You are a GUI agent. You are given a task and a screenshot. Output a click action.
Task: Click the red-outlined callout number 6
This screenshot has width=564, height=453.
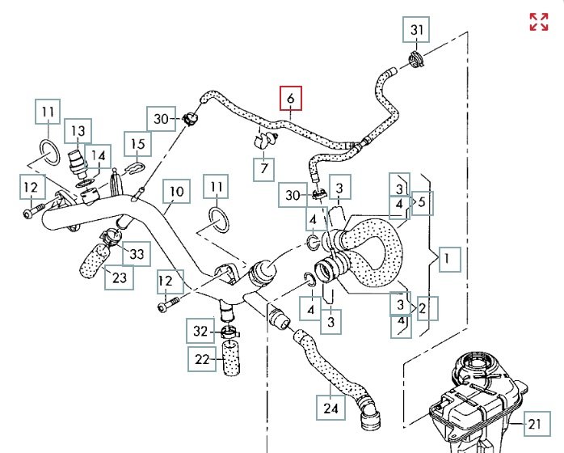click(291, 98)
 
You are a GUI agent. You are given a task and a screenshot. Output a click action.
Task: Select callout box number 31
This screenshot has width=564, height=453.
click(416, 29)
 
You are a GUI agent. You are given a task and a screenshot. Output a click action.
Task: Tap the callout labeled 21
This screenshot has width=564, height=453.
click(537, 424)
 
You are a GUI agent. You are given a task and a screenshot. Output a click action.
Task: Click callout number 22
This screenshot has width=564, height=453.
click(202, 359)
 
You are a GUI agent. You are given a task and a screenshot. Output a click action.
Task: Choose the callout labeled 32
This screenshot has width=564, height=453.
click(200, 331)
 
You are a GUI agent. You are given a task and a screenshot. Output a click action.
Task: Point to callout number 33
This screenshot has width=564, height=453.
click(137, 254)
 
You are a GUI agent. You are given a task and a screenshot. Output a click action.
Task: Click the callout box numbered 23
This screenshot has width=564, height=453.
click(119, 277)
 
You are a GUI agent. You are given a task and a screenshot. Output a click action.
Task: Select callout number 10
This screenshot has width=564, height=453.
click(177, 191)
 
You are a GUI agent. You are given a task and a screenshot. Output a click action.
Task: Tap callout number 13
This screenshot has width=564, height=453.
click(78, 131)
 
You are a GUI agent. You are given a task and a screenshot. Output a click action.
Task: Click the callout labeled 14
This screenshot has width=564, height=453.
click(98, 156)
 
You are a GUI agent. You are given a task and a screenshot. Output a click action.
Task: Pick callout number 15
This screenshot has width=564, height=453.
click(137, 144)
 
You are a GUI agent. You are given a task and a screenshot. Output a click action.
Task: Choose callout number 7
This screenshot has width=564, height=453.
click(264, 169)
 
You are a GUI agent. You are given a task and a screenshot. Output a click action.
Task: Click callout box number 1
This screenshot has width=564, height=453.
click(449, 260)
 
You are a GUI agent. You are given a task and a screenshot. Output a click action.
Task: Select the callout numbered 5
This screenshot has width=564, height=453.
click(423, 203)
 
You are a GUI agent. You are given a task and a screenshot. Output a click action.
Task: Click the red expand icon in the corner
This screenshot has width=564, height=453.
click(539, 22)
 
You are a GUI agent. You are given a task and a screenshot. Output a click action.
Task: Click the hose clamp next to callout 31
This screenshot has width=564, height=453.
click(416, 59)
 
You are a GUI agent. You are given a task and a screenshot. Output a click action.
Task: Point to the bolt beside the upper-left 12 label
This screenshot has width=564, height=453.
click(33, 211)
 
